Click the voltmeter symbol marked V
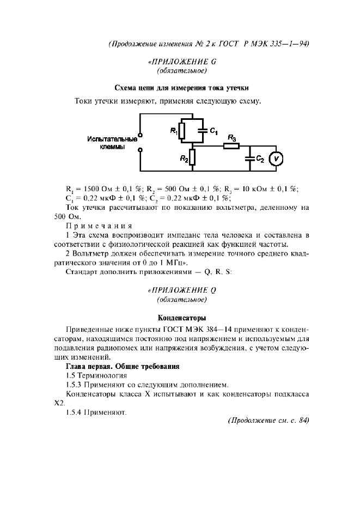pos(276,158)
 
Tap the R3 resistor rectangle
pos(231,146)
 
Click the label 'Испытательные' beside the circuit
pos(112,139)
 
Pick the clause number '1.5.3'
pos(75,385)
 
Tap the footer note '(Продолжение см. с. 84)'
pos(267,420)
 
